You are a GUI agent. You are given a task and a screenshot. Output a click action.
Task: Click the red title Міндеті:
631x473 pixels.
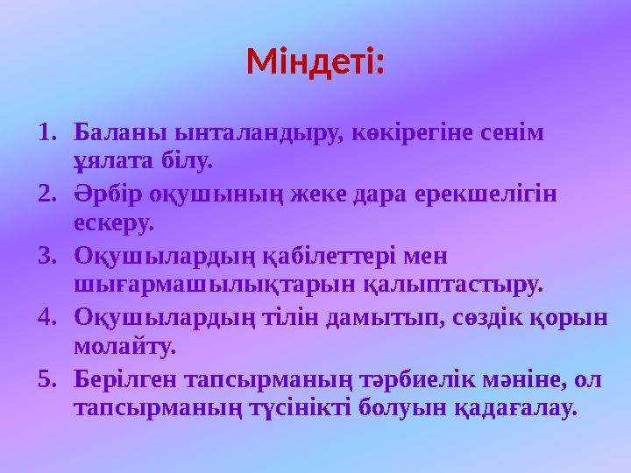point(315,63)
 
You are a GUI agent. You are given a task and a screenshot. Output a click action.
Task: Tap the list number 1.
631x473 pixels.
point(47,133)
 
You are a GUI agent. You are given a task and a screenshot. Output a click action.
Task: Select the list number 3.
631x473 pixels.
point(47,257)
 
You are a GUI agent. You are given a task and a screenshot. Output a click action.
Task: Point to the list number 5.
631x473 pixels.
point(47,379)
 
